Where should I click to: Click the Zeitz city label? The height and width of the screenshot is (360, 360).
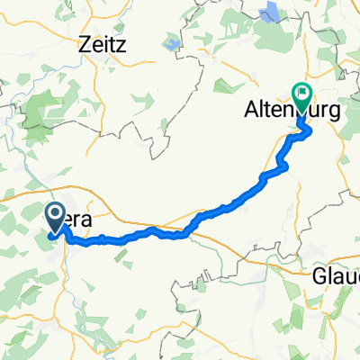(103, 43)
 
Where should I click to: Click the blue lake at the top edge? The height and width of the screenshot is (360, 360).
(269, 12)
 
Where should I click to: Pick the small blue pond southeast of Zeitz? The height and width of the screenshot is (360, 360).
(171, 43)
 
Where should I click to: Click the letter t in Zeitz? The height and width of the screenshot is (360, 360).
(114, 43)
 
